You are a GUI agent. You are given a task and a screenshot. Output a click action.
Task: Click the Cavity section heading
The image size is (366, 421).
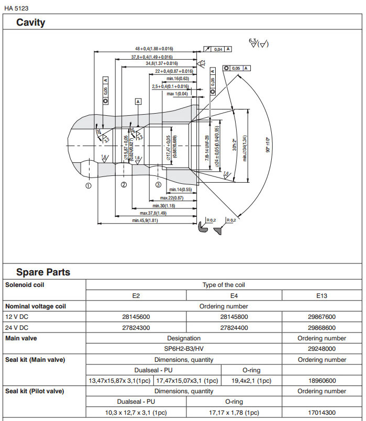(x=30, y=23)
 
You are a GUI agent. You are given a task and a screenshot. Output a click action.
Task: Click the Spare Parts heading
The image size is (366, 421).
(x=43, y=272)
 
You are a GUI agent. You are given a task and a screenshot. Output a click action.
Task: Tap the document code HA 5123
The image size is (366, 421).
(x=16, y=7)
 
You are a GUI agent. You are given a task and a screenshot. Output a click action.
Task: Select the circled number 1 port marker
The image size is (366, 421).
(x=88, y=185)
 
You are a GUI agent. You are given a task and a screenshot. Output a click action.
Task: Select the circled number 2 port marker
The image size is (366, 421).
(x=124, y=184)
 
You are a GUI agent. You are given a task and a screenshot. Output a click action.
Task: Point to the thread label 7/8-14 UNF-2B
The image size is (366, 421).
(x=206, y=145)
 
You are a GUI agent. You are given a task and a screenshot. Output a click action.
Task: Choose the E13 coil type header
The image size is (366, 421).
(x=321, y=296)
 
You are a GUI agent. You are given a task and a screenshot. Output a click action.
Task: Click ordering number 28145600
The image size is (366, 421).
(x=136, y=317)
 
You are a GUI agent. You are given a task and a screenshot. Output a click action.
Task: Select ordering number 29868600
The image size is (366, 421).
(x=321, y=327)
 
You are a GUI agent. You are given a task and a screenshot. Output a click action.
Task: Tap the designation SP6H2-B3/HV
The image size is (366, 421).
(x=183, y=348)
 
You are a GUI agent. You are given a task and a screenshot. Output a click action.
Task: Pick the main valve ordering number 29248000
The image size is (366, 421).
(x=321, y=348)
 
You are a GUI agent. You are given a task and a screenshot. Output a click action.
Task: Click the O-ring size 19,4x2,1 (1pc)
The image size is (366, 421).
(x=251, y=381)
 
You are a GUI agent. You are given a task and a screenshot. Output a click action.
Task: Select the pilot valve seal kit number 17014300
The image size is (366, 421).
(x=321, y=412)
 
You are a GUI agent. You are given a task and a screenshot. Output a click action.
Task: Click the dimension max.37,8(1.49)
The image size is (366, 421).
(x=153, y=213)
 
